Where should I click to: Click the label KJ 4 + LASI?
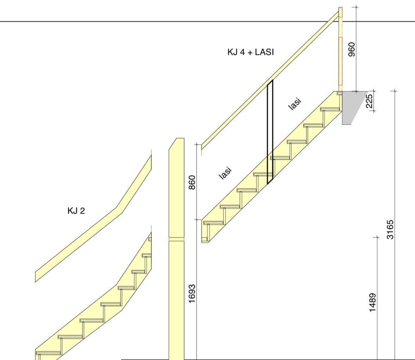coord(250,52)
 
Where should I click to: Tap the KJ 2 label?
coord(76,211)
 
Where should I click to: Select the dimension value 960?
coord(351,49)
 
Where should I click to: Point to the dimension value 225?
coord(369,101)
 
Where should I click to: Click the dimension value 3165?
coord(390,229)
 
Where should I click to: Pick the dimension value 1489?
coord(372,303)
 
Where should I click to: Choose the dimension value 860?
coord(192,182)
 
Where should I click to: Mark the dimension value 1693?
coord(192,293)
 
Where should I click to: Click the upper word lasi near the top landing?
coord(294,104)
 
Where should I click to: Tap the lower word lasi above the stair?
coord(225,173)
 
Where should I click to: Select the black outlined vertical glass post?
coord(270,132)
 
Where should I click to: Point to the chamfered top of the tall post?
coord(177,143)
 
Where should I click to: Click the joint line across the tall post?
coord(176,240)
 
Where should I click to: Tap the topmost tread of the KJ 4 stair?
coord(330,109)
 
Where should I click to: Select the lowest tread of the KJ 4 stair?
coord(213,223)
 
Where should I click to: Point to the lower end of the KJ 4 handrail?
coord(202,147)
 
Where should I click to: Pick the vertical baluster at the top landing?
coord(341,49)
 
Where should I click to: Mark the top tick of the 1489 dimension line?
coord(377,237)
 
